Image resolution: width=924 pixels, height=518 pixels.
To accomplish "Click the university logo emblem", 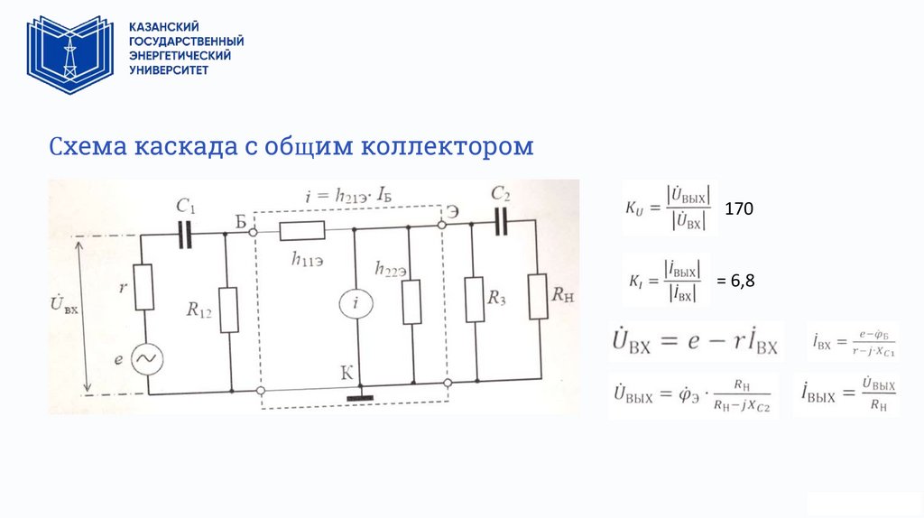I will pyautogui.click(x=70, y=55).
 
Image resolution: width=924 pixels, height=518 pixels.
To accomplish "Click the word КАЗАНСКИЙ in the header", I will pyautogui.click(x=163, y=28).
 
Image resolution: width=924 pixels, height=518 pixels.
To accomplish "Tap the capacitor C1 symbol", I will pyautogui.click(x=187, y=233).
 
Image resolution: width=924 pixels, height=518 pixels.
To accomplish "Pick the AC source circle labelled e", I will pyautogui.click(x=143, y=360).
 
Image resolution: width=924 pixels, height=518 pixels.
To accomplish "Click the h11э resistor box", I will pyautogui.click(x=302, y=231).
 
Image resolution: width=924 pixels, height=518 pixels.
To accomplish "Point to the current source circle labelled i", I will pyautogui.click(x=356, y=305).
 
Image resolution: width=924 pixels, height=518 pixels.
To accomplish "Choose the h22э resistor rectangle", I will pyautogui.click(x=411, y=301).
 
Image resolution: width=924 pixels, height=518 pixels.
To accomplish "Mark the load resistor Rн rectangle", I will pyautogui.click(x=538, y=295).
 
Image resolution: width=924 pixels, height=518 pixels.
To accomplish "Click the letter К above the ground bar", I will pyautogui.click(x=346, y=371).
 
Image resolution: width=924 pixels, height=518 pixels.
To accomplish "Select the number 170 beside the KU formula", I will pyautogui.click(x=739, y=208).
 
